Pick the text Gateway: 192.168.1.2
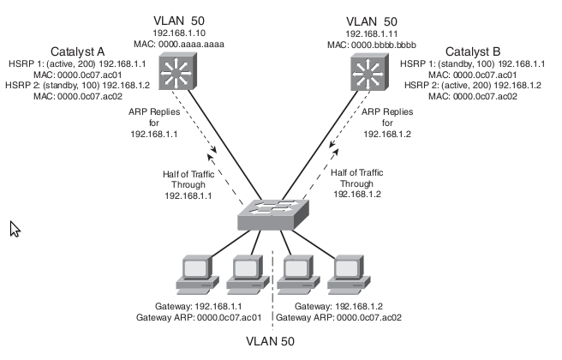pyautogui.click(x=344, y=306)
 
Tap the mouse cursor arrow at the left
pyautogui.click(x=15, y=228)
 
